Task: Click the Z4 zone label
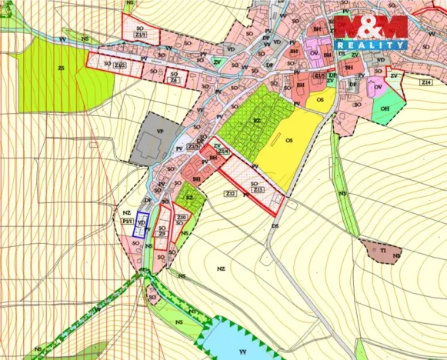click(175, 80)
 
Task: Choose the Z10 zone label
click(181, 218)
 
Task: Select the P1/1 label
click(127, 220)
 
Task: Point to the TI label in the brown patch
click(382, 250)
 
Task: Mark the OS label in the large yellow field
click(289, 142)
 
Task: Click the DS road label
click(274, 225)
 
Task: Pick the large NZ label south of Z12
click(221, 268)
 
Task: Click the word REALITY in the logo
click(370, 45)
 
